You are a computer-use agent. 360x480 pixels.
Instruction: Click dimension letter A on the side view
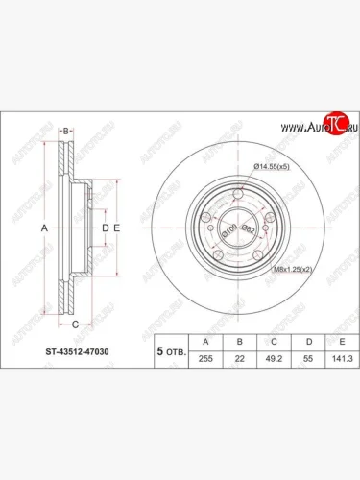click(x=43, y=228)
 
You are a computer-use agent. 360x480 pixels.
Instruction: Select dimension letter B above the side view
click(x=66, y=130)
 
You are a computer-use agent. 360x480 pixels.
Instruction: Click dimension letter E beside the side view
click(x=116, y=228)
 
